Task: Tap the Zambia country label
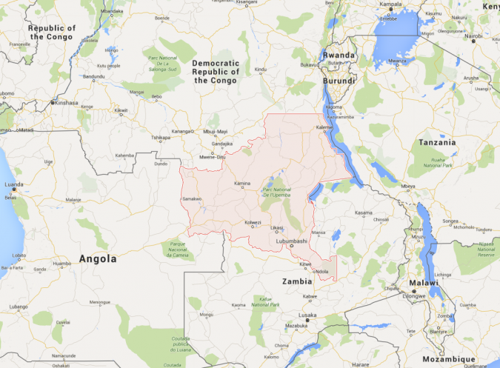[298, 281]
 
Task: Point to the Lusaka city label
[307, 315]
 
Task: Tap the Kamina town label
[242, 184]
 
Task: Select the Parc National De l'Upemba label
[277, 193]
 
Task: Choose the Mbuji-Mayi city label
[215, 132]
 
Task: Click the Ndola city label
[321, 271]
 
